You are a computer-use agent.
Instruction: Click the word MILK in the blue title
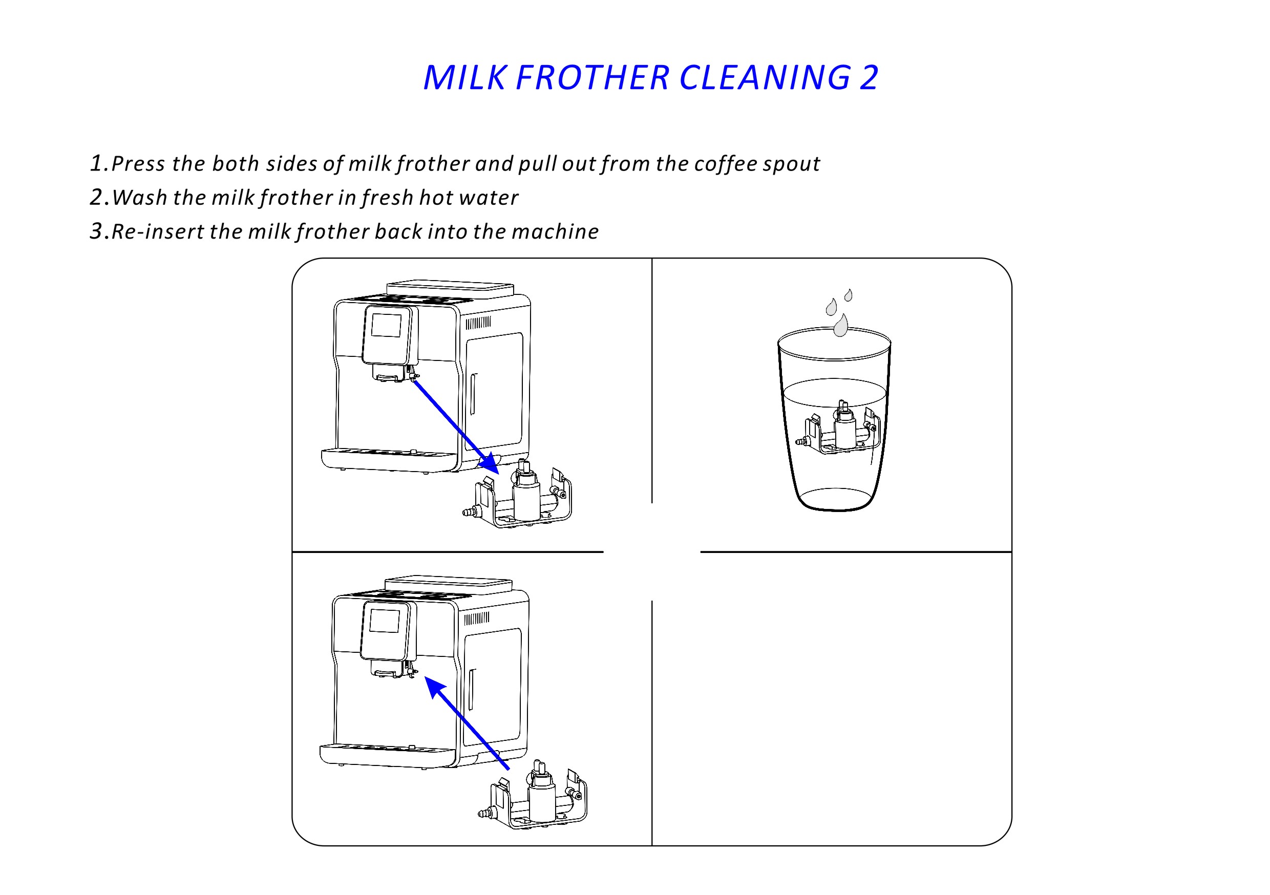point(463,77)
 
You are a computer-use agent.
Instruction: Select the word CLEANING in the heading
point(765,77)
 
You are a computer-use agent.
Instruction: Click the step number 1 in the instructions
point(97,163)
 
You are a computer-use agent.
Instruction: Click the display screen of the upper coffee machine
point(386,325)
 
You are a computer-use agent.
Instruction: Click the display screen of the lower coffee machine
point(385,621)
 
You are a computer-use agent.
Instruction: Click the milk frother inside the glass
point(837,427)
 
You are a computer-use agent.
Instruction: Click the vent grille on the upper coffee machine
point(478,323)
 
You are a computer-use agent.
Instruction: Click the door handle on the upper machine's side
point(474,394)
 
